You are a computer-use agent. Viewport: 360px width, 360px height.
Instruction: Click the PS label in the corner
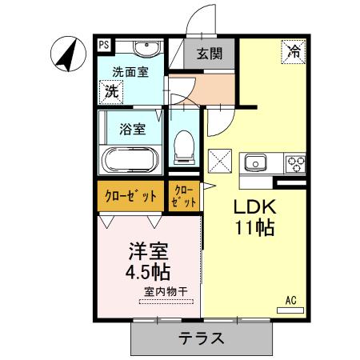click(105, 46)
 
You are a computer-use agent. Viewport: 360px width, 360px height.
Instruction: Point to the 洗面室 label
click(130, 71)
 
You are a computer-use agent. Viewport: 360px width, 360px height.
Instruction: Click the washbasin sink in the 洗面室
click(143, 50)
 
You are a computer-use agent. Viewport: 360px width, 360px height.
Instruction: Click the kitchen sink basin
click(257, 163)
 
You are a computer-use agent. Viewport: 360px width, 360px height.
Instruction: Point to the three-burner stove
click(294, 163)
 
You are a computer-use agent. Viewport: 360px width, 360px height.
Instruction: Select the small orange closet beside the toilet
click(183, 197)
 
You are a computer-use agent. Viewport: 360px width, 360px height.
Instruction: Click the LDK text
click(254, 206)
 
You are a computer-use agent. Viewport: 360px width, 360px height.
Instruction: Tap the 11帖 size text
click(255, 228)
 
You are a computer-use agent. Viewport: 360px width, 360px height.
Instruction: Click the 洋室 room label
click(150, 250)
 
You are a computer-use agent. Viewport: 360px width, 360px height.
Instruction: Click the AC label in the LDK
click(290, 300)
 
